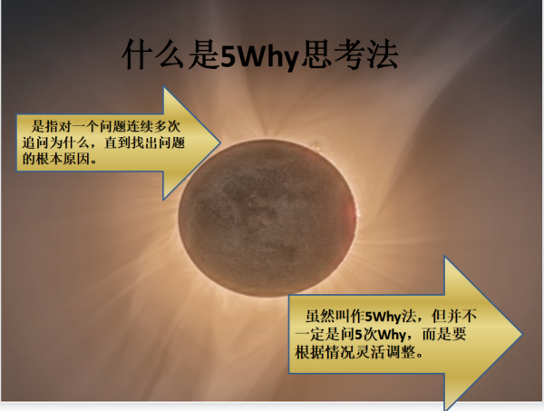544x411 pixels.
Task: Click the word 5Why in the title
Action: click(x=259, y=56)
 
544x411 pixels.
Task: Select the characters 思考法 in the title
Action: click(x=349, y=54)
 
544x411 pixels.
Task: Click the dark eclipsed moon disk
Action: click(x=267, y=218)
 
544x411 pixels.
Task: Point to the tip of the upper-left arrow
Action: click(x=220, y=142)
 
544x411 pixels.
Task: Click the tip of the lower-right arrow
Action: click(x=522, y=334)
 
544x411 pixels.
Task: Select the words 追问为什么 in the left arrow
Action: click(x=56, y=142)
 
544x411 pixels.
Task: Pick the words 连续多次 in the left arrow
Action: click(x=153, y=126)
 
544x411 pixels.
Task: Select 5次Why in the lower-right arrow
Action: click(x=380, y=335)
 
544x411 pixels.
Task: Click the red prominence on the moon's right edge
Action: click(x=355, y=211)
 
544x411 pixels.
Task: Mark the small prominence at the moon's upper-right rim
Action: click(x=316, y=148)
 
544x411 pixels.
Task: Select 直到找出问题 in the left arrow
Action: click(x=144, y=142)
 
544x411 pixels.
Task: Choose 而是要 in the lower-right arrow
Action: click(x=444, y=335)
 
